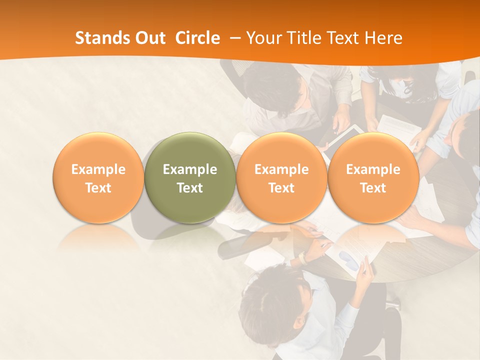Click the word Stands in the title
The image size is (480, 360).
pos(100,38)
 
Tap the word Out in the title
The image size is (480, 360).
pos(148,38)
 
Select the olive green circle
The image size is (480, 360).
pos(190,177)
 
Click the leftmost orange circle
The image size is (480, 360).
pos(98,177)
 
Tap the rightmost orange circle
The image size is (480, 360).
pos(373,177)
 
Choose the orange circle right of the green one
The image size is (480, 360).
pos(281,177)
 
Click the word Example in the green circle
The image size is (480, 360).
pos(190,169)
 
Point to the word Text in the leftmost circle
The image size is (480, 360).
pos(98,188)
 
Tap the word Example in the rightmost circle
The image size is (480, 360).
pos(373,169)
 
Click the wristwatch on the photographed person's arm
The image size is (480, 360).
pos(302,258)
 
